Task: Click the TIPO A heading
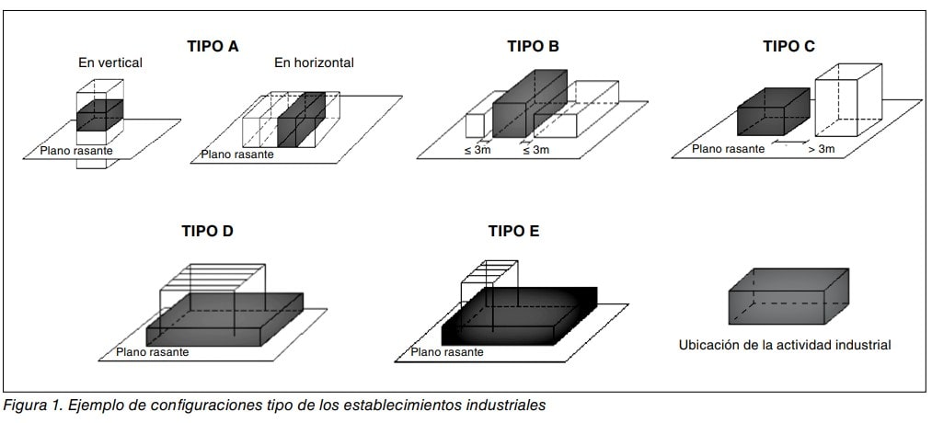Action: pos(213,46)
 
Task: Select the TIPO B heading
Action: pos(534,46)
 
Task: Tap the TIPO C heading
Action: pos(788,46)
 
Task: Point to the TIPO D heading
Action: pos(207,231)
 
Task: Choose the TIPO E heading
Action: pos(513,231)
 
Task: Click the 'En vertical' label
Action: pos(110,63)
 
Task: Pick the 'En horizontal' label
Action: pos(314,63)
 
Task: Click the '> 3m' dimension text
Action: pos(822,149)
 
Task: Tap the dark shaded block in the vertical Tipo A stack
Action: pos(100,115)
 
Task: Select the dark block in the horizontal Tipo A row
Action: pos(301,120)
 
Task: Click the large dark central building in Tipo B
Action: pos(529,105)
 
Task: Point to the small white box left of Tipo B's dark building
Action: pos(475,124)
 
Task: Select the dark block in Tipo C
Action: pos(774,111)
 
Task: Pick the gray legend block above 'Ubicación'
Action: pos(788,296)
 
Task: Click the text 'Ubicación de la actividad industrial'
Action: pos(785,345)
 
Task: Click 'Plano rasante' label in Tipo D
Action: pos(152,351)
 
